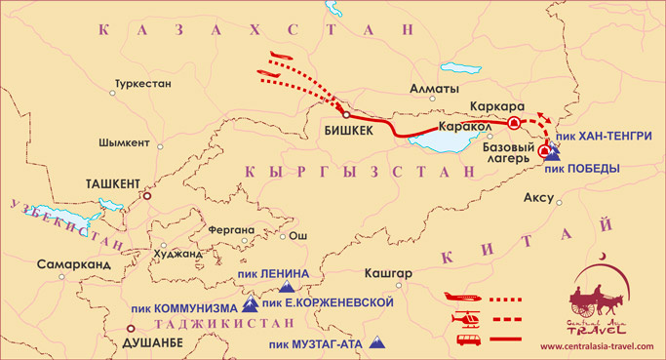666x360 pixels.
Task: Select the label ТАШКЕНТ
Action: point(113,181)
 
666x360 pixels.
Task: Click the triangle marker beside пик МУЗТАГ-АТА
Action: point(389,342)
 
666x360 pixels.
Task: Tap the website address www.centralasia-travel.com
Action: point(599,346)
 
